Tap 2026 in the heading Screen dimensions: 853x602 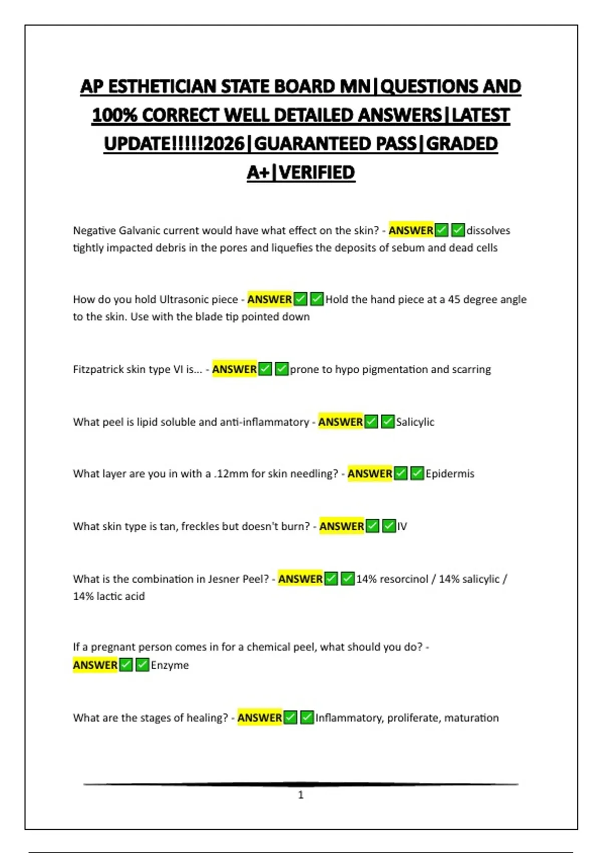[x=224, y=144]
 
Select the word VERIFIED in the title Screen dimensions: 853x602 [x=317, y=173]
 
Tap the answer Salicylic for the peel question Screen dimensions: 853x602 [x=415, y=422]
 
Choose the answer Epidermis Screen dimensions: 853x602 [x=449, y=474]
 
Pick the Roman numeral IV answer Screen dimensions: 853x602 [x=402, y=526]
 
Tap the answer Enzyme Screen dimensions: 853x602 [x=170, y=665]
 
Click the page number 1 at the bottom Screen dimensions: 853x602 [x=301, y=795]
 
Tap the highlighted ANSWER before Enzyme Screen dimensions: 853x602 [x=95, y=665]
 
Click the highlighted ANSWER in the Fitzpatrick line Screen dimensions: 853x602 [x=234, y=369]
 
